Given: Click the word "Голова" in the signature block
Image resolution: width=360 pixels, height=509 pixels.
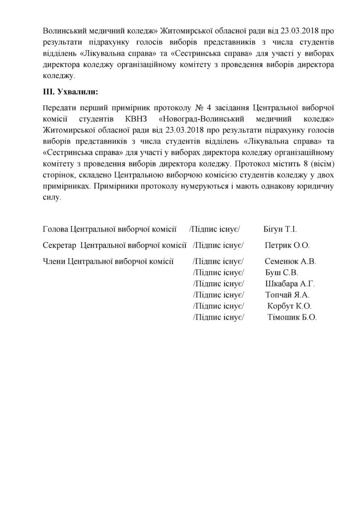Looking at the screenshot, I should pos(56,229).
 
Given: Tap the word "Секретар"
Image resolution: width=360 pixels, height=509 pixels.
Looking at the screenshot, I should pos(60,245).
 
